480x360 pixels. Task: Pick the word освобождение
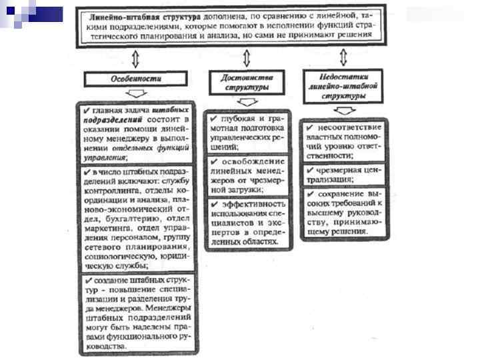(x=253, y=161)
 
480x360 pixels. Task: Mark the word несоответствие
(x=350, y=127)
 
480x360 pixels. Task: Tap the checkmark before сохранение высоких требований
(x=311, y=194)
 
